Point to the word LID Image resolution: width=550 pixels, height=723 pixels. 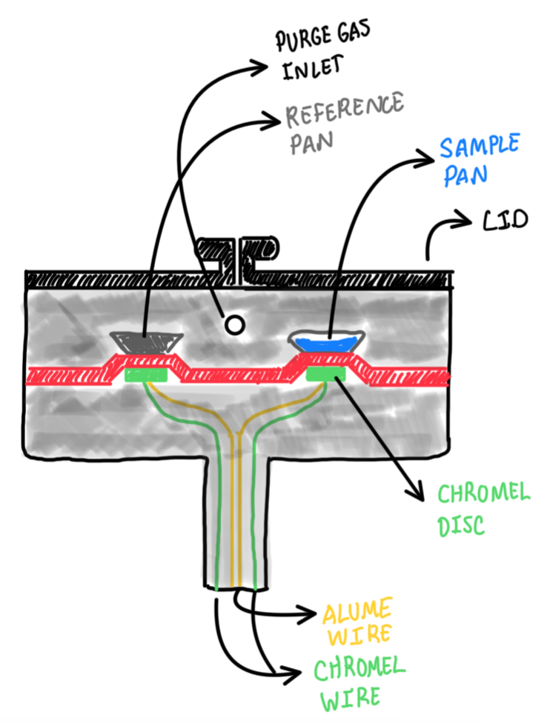pos(507,219)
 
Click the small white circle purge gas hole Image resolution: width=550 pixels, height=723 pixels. pos(234,324)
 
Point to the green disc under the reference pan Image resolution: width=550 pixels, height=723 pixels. pos(147,374)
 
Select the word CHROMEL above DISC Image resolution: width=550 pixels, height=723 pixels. pos(484,493)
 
